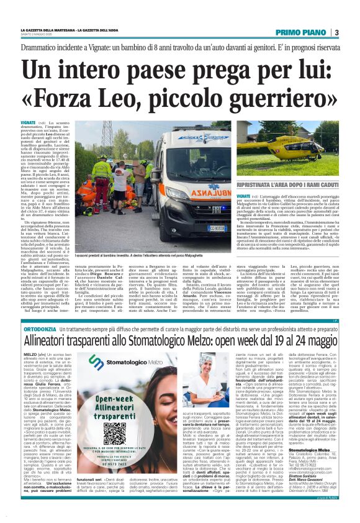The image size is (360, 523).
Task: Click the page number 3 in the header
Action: click(x=336, y=32)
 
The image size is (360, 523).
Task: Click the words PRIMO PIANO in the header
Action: click(x=304, y=32)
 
